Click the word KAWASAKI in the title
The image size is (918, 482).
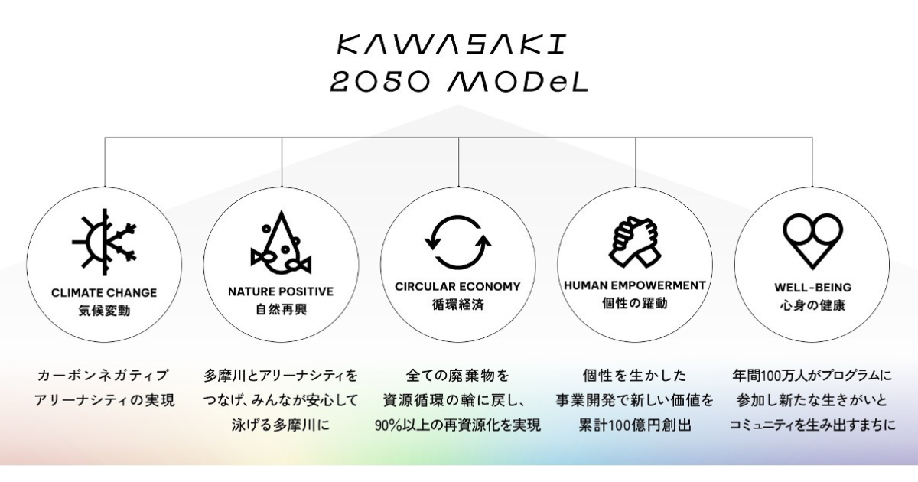[451, 44]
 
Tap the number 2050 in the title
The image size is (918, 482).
[380, 82]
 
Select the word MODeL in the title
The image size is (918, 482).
[518, 82]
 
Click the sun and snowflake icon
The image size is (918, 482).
[104, 242]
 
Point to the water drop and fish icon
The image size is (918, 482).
[282, 242]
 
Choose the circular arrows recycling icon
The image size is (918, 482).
[458, 242]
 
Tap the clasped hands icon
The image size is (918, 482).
[635, 242]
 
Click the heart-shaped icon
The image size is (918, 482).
[812, 241]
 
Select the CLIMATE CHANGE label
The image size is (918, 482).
[104, 292]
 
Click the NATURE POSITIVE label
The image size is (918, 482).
[282, 291]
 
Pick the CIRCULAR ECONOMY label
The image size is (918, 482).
[457, 286]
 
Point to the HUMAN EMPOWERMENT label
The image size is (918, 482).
[635, 285]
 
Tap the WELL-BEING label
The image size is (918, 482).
[812, 288]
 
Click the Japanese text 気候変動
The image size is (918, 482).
[104, 311]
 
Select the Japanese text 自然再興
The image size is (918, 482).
[282, 309]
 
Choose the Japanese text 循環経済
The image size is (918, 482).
[457, 305]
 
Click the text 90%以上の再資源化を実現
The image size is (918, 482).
[457, 425]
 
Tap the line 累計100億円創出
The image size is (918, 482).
[635, 425]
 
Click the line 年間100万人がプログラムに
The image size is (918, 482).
[812, 376]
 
